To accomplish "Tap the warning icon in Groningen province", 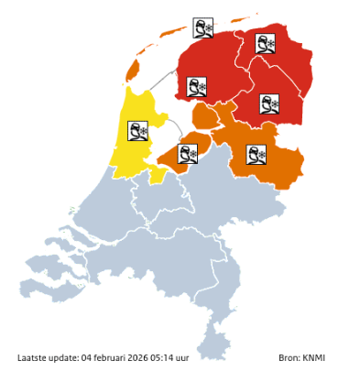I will point(267,43).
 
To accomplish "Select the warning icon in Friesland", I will point(197,87).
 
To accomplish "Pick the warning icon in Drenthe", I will point(269,104).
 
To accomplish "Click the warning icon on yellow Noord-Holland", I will point(139,134).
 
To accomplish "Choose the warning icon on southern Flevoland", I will point(189,153).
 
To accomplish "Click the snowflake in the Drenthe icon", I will point(276,104).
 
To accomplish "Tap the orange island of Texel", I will point(133,70).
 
